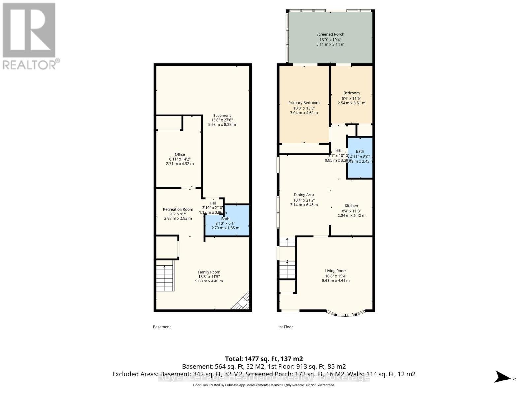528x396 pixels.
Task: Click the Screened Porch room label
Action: coord(330,34)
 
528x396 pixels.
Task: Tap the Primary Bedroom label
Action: coord(304,103)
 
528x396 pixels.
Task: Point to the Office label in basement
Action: coord(180,154)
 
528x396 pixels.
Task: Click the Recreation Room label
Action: coord(178,209)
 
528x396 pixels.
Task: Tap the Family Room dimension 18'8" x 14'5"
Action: coord(209,277)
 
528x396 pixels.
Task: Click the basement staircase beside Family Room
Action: coord(164,278)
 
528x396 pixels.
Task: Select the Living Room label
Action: coord(336,271)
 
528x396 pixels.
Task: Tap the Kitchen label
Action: coord(351,206)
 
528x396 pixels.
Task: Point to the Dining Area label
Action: coord(304,195)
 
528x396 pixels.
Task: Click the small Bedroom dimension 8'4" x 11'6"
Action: coord(351,98)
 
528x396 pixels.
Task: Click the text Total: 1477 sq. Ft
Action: coord(264,359)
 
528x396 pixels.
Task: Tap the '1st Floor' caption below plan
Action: coord(285,327)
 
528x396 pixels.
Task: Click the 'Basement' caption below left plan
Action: coord(162,327)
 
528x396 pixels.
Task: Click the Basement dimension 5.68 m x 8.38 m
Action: coord(222,125)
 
